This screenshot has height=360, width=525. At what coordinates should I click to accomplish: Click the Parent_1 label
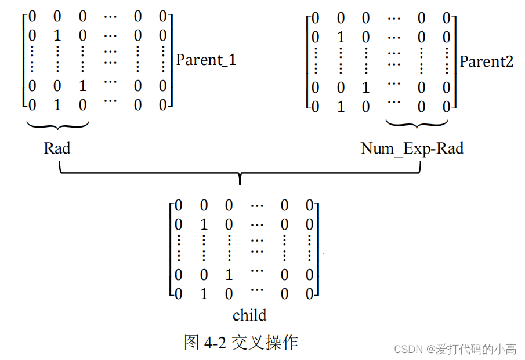206,60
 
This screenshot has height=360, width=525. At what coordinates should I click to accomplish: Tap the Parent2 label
486,61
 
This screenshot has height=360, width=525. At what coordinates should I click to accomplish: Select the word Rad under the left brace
57,148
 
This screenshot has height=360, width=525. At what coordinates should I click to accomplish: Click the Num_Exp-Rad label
412,148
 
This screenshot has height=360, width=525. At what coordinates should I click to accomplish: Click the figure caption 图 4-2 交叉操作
241,342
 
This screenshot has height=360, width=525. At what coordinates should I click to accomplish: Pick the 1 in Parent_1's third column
82,86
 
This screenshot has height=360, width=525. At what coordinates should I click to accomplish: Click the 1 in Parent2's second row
341,38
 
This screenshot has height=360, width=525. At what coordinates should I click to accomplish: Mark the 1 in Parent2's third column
365,88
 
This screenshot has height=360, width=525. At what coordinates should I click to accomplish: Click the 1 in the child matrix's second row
204,224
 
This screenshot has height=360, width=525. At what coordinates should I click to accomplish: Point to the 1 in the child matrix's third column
229,275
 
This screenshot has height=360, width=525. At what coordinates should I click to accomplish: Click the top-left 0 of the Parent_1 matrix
32,17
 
